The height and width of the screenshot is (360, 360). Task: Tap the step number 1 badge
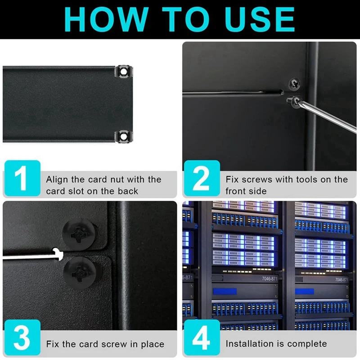(22, 179)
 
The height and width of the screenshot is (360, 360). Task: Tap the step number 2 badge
(201, 179)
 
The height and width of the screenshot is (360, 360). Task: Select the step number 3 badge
(22, 338)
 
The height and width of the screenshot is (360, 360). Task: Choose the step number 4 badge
(201, 338)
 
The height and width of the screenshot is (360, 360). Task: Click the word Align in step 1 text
(57, 180)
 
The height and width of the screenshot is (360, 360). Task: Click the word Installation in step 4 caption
(250, 344)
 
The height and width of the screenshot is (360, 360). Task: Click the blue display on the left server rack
(225, 292)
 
